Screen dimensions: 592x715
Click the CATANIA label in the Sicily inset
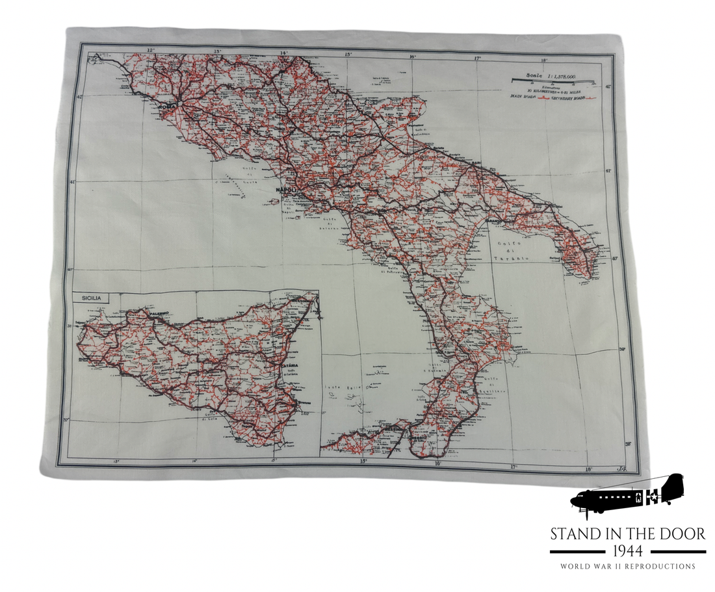(x=291, y=366)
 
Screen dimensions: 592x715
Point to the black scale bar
(x=553, y=82)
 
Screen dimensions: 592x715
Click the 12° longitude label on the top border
(x=151, y=50)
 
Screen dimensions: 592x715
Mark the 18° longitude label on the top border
(x=545, y=59)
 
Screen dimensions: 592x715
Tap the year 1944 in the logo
(x=627, y=551)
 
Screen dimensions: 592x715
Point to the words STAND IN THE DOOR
(x=627, y=534)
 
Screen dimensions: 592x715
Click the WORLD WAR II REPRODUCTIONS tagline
(x=627, y=567)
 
